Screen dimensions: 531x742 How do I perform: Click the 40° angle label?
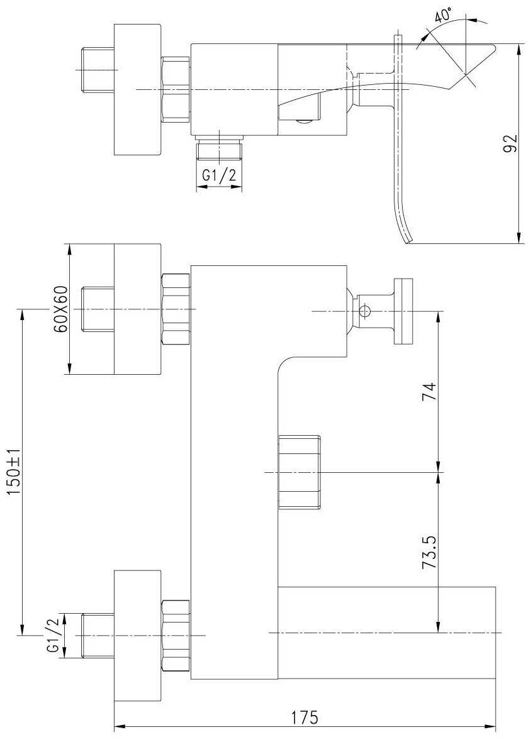point(443,16)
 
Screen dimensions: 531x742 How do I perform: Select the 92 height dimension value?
point(511,143)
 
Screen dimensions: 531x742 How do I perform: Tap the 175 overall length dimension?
point(305,717)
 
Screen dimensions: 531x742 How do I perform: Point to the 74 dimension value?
point(429,391)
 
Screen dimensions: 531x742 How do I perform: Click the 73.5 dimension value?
point(429,551)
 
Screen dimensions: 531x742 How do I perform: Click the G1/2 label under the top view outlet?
point(219,175)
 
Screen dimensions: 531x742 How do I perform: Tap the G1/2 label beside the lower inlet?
point(52,635)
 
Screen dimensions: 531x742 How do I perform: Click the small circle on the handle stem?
point(364,311)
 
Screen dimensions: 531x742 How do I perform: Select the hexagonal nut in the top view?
point(176,89)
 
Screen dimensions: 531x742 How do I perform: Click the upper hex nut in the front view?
point(176,309)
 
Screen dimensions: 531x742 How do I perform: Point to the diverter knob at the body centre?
point(299,472)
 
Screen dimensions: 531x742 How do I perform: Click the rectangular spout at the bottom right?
point(386,633)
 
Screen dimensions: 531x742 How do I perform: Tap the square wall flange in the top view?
point(138,89)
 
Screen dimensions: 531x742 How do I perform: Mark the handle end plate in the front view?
point(403,311)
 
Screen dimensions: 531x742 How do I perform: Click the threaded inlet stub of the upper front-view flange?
point(98,309)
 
